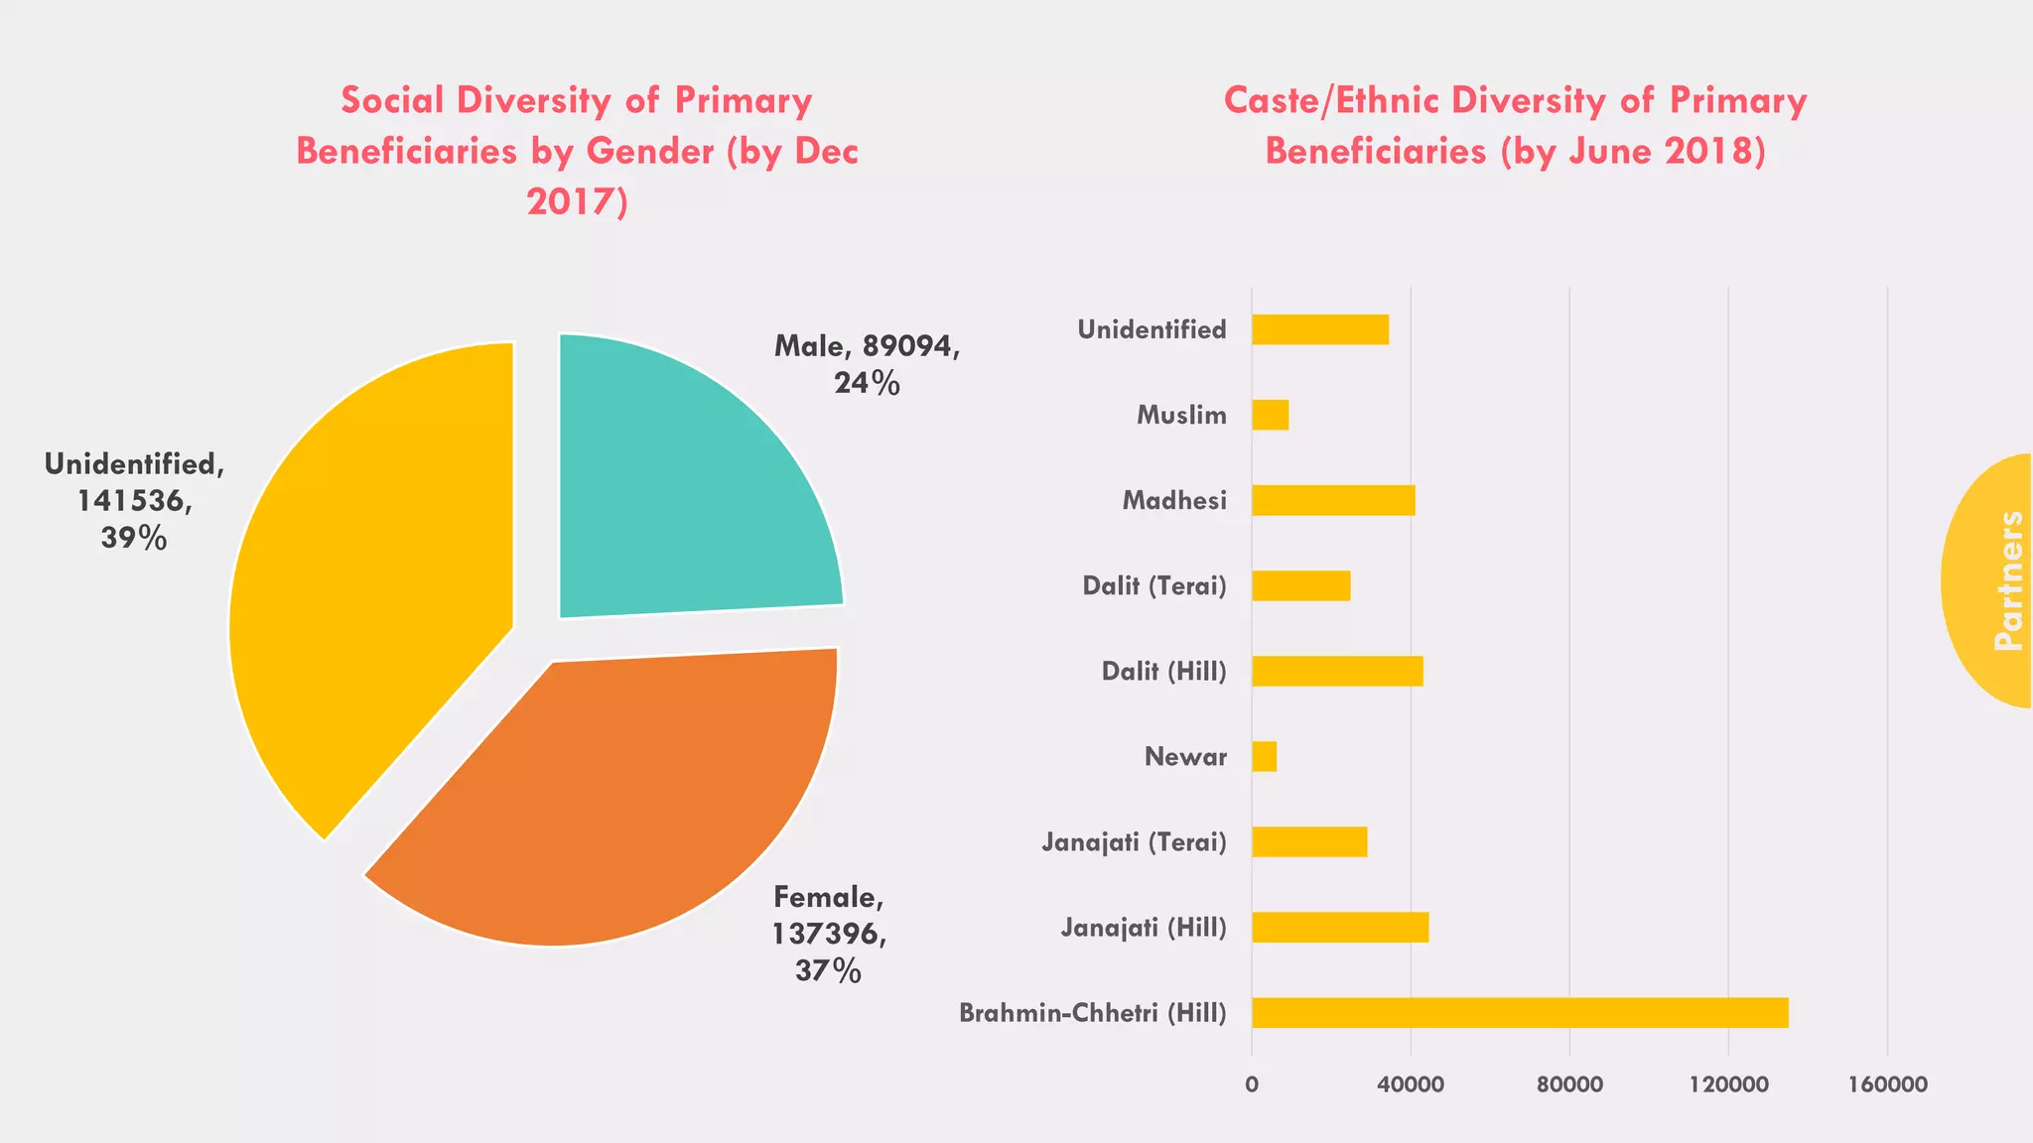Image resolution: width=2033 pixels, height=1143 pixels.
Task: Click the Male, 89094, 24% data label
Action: click(x=867, y=364)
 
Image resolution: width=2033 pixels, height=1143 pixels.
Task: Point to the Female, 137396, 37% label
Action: click(x=829, y=934)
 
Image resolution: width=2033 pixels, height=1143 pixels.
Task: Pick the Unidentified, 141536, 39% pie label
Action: click(x=134, y=500)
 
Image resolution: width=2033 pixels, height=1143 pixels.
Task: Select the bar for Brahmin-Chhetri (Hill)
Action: click(x=1519, y=1013)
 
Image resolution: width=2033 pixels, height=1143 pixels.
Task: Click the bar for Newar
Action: click(x=1264, y=757)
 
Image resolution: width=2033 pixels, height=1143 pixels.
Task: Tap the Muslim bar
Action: click(x=1270, y=415)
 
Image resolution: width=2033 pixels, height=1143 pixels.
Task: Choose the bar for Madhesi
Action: click(x=1332, y=500)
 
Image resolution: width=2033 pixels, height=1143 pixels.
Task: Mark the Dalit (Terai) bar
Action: click(x=1300, y=585)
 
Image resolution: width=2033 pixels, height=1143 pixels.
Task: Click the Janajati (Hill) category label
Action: click(x=1144, y=928)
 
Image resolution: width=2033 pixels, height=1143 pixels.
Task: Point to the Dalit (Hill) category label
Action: click(x=1163, y=672)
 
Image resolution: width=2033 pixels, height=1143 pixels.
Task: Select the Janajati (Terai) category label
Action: click(x=1134, y=842)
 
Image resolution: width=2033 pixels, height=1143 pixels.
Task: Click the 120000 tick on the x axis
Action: click(x=1728, y=1084)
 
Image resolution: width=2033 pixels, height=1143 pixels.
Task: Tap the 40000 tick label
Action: click(x=1410, y=1084)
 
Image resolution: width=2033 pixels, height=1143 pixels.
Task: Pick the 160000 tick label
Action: click(x=1887, y=1084)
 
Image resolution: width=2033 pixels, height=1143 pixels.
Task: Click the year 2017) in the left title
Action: click(x=577, y=201)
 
